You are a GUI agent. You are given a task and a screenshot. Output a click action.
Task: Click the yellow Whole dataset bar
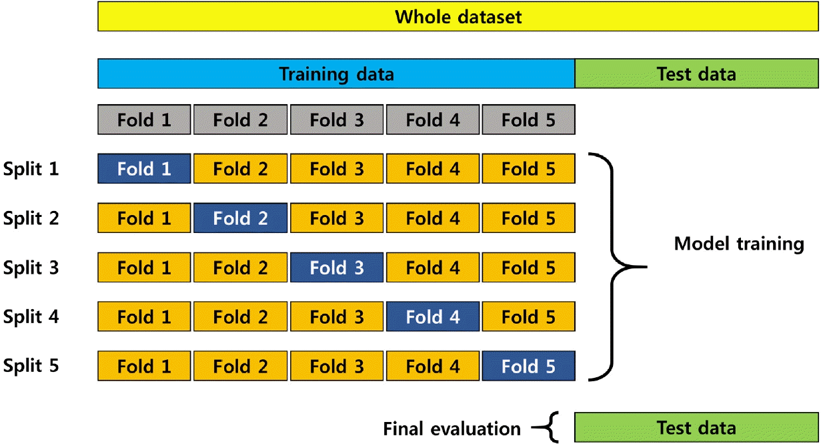tap(458, 17)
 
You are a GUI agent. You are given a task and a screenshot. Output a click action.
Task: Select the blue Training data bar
tap(336, 73)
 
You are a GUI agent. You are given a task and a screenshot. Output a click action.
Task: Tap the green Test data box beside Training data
tap(696, 73)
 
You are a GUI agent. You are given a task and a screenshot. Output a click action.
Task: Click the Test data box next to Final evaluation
tap(696, 427)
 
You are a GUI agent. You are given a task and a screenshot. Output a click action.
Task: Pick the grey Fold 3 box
tap(337, 120)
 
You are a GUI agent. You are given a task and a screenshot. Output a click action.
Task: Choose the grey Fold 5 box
tap(528, 120)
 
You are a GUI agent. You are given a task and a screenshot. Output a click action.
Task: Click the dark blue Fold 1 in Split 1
tap(144, 168)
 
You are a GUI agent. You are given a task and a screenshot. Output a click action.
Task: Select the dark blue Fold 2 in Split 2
tap(241, 218)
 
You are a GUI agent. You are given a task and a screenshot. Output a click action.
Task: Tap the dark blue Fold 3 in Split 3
tap(337, 267)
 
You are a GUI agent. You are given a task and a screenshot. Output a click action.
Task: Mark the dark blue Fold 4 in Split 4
tap(433, 316)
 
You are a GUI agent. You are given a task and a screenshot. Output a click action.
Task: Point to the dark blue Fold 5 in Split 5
tap(528, 366)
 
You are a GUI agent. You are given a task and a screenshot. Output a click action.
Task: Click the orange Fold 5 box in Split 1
tap(528, 168)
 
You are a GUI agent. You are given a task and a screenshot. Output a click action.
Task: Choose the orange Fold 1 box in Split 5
tap(144, 366)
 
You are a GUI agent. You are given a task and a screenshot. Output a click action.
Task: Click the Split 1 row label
tap(31, 169)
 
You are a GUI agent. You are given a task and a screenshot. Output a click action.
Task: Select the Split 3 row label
tap(31, 267)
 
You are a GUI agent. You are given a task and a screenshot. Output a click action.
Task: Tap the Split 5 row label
tap(31, 365)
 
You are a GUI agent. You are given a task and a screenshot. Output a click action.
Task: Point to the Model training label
tap(739, 244)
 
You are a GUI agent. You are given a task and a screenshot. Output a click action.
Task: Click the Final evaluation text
tap(452, 429)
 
